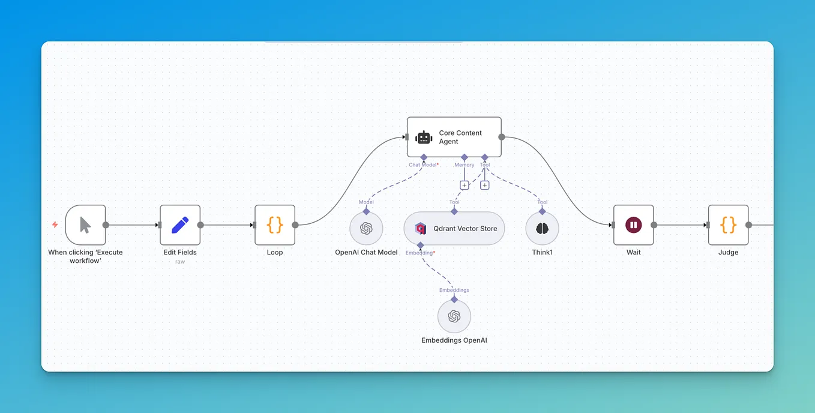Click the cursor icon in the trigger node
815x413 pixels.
tap(85, 225)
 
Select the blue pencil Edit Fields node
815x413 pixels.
tap(180, 225)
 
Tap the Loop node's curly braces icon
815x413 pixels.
tap(275, 225)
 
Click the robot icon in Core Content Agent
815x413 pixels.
tap(424, 137)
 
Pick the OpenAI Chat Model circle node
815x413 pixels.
tap(366, 229)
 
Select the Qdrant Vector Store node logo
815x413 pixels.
tap(421, 229)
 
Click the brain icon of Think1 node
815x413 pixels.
tap(542, 229)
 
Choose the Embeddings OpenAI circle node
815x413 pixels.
tap(454, 316)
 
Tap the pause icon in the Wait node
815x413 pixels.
tap(633, 225)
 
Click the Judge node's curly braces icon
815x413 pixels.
tap(728, 225)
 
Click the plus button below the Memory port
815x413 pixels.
tap(464, 185)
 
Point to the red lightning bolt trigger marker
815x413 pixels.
tap(55, 225)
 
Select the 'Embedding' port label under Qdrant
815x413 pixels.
tap(420, 253)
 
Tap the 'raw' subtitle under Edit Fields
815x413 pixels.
tap(180, 262)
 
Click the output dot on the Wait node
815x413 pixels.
tap(654, 225)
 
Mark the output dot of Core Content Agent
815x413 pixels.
tap(502, 137)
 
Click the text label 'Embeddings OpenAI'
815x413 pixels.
tap(454, 340)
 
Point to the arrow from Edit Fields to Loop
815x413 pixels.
tap(228, 225)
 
